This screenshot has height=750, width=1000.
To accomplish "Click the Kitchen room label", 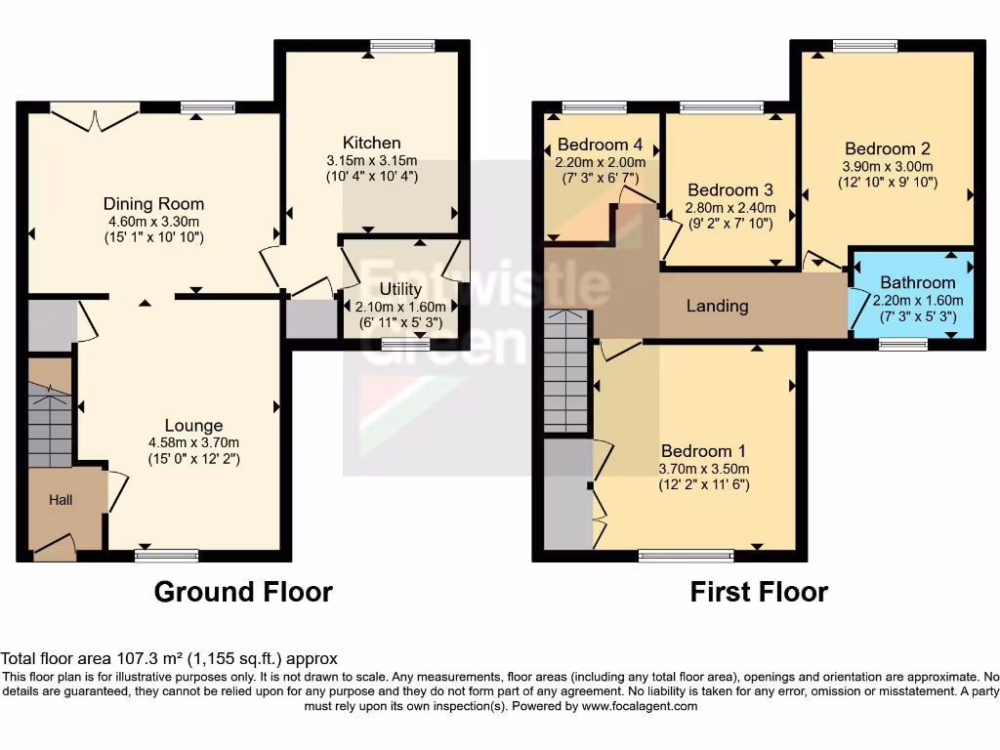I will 371,144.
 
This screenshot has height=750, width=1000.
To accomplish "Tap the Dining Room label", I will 154,204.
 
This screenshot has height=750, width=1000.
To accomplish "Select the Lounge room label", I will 193,426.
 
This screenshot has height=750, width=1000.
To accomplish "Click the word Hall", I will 62,500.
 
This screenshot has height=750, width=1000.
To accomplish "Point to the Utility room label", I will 400,290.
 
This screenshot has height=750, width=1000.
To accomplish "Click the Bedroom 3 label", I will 730,190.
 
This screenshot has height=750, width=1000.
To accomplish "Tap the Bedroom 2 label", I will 888,149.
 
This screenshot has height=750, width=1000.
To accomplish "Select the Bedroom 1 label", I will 703,451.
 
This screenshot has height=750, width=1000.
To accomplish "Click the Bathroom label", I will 918,283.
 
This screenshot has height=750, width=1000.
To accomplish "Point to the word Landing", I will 718,307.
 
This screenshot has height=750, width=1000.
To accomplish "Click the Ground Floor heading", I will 243,592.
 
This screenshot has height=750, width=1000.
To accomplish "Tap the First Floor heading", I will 759,592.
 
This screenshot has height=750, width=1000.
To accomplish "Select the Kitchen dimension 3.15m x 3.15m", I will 371,161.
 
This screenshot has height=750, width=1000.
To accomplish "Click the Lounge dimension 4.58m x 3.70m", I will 193,442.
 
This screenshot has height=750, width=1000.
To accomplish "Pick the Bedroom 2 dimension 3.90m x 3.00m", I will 888,166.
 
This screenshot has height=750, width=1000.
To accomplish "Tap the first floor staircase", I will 567,371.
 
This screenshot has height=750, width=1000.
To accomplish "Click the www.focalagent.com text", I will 641,706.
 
